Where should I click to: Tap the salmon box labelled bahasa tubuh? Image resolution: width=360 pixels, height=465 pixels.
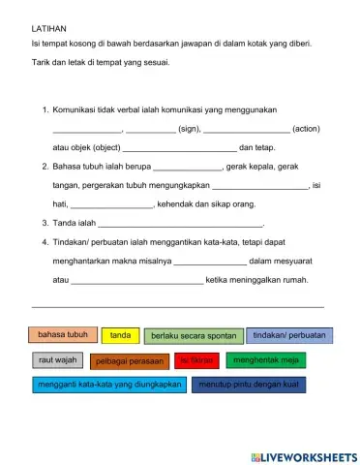(x=63, y=335)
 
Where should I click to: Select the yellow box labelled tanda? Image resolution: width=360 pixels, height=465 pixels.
(x=120, y=335)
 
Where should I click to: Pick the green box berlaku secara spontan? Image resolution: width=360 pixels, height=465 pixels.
(x=194, y=336)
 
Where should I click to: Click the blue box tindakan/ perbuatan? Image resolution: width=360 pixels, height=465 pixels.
(x=287, y=335)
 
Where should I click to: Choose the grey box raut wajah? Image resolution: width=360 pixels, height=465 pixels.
(x=57, y=361)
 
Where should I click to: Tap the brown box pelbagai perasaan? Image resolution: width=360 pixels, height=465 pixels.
(x=130, y=361)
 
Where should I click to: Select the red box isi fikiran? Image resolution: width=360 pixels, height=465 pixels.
(x=196, y=361)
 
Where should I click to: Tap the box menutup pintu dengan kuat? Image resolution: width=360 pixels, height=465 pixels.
(x=250, y=385)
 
